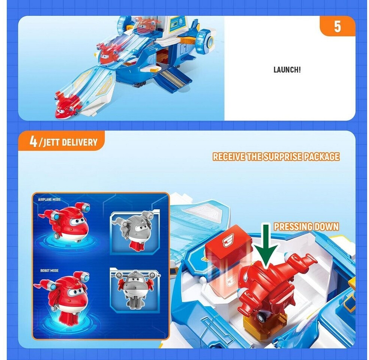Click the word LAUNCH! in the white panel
tap(287, 70)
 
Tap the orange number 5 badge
tap(337, 26)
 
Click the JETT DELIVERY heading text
tap(70, 142)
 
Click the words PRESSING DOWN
tap(306, 226)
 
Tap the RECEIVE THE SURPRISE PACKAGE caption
tap(276, 157)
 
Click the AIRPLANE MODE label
tap(49, 199)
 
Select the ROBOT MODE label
tap(49, 271)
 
